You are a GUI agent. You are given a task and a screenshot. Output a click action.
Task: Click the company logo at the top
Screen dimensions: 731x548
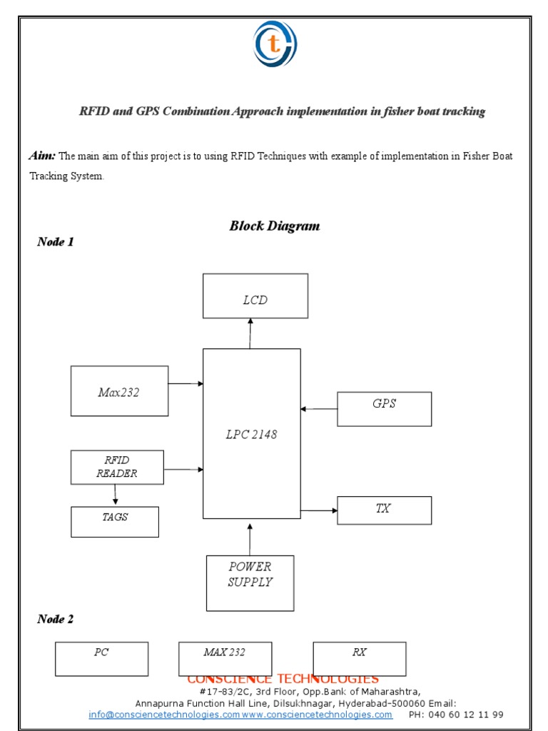click(275, 44)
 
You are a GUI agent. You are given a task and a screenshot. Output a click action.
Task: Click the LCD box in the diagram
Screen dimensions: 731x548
click(255, 296)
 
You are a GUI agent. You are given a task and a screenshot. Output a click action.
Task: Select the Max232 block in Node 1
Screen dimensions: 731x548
click(119, 391)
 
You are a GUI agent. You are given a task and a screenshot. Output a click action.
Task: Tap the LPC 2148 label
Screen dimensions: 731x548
click(251, 435)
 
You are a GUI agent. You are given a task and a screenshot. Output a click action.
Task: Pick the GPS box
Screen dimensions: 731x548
click(384, 409)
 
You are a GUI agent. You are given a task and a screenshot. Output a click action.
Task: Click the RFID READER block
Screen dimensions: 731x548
click(117, 467)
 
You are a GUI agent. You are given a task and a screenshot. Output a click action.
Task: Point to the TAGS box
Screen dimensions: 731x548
click(115, 522)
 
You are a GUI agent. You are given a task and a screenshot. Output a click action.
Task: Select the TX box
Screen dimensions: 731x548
click(384, 510)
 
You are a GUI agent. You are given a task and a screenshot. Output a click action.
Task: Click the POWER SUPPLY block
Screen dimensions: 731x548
click(250, 583)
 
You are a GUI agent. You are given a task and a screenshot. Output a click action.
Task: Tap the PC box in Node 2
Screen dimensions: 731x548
click(101, 659)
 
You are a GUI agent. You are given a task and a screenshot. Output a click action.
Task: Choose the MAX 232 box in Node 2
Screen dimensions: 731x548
click(225, 659)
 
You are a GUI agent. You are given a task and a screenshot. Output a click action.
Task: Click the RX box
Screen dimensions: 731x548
click(359, 659)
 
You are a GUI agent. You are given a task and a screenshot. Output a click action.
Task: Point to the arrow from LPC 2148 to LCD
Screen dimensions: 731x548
click(250, 333)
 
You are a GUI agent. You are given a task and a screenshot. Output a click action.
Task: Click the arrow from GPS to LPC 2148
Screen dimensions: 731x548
click(319, 409)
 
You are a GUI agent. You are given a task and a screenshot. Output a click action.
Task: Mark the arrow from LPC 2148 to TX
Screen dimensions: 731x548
click(319, 510)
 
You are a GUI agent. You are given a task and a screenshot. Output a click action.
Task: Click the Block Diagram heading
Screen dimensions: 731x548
click(275, 226)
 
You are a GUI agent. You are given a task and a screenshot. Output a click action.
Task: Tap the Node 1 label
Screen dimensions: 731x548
click(56, 242)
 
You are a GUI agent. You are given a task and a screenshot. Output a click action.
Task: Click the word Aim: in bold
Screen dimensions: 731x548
click(43, 156)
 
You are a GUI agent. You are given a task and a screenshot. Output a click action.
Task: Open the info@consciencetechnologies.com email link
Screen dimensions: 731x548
click(164, 715)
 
